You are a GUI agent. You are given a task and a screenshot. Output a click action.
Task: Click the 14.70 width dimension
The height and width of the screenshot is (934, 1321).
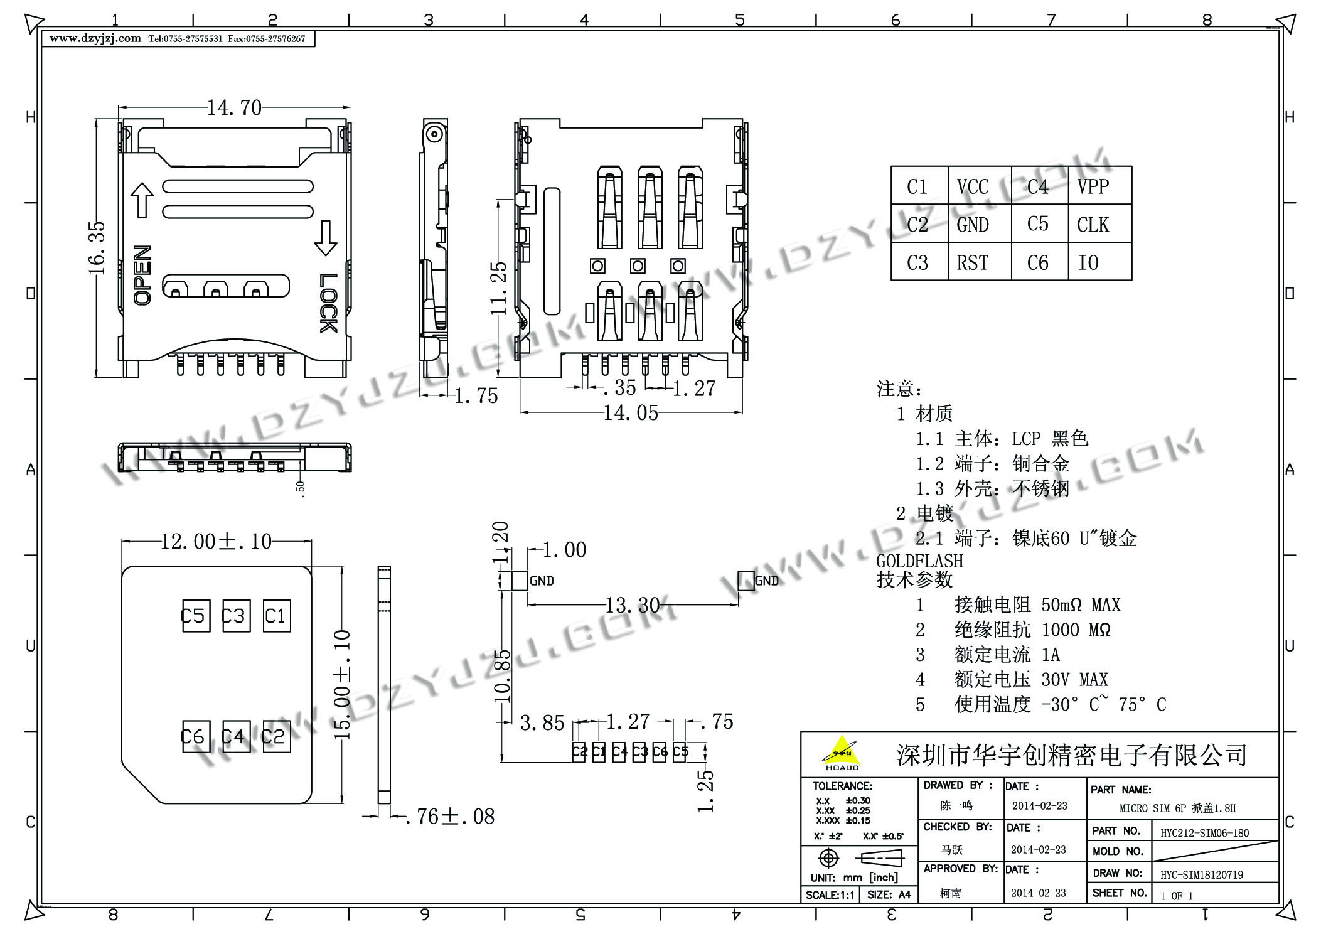click(234, 108)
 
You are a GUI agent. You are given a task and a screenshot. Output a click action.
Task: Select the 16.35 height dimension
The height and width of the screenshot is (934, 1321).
click(97, 248)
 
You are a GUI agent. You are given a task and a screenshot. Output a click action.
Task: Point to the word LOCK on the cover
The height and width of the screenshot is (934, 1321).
click(328, 303)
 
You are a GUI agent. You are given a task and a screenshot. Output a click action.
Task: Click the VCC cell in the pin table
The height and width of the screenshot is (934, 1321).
click(973, 186)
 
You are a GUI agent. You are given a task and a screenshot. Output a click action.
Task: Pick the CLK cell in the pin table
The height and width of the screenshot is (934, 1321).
click(1093, 224)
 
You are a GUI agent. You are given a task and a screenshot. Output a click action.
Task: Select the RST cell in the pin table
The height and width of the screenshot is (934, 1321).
click(973, 262)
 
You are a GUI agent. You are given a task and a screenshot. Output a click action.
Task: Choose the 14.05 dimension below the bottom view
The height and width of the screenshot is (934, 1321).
click(631, 412)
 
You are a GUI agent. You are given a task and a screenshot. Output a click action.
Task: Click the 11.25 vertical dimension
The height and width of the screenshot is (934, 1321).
click(498, 288)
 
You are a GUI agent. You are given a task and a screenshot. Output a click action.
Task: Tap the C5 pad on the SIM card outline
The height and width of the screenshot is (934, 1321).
click(195, 616)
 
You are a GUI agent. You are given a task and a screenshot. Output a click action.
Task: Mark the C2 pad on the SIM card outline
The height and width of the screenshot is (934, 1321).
click(275, 736)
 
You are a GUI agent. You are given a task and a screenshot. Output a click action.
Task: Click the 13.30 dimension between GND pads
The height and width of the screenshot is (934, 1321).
click(632, 605)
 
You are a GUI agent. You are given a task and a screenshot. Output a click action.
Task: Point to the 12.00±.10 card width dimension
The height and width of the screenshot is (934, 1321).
click(216, 541)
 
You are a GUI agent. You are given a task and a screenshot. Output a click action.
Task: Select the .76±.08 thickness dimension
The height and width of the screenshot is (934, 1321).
click(449, 816)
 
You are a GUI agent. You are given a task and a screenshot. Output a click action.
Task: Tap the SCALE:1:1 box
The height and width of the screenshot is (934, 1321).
click(830, 894)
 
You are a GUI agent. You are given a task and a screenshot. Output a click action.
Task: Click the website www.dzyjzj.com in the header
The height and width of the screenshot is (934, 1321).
click(95, 38)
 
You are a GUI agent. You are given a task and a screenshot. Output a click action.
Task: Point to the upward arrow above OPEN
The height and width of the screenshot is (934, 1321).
click(142, 200)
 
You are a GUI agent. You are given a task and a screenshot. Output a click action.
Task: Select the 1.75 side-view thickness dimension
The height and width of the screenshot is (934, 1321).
click(476, 395)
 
